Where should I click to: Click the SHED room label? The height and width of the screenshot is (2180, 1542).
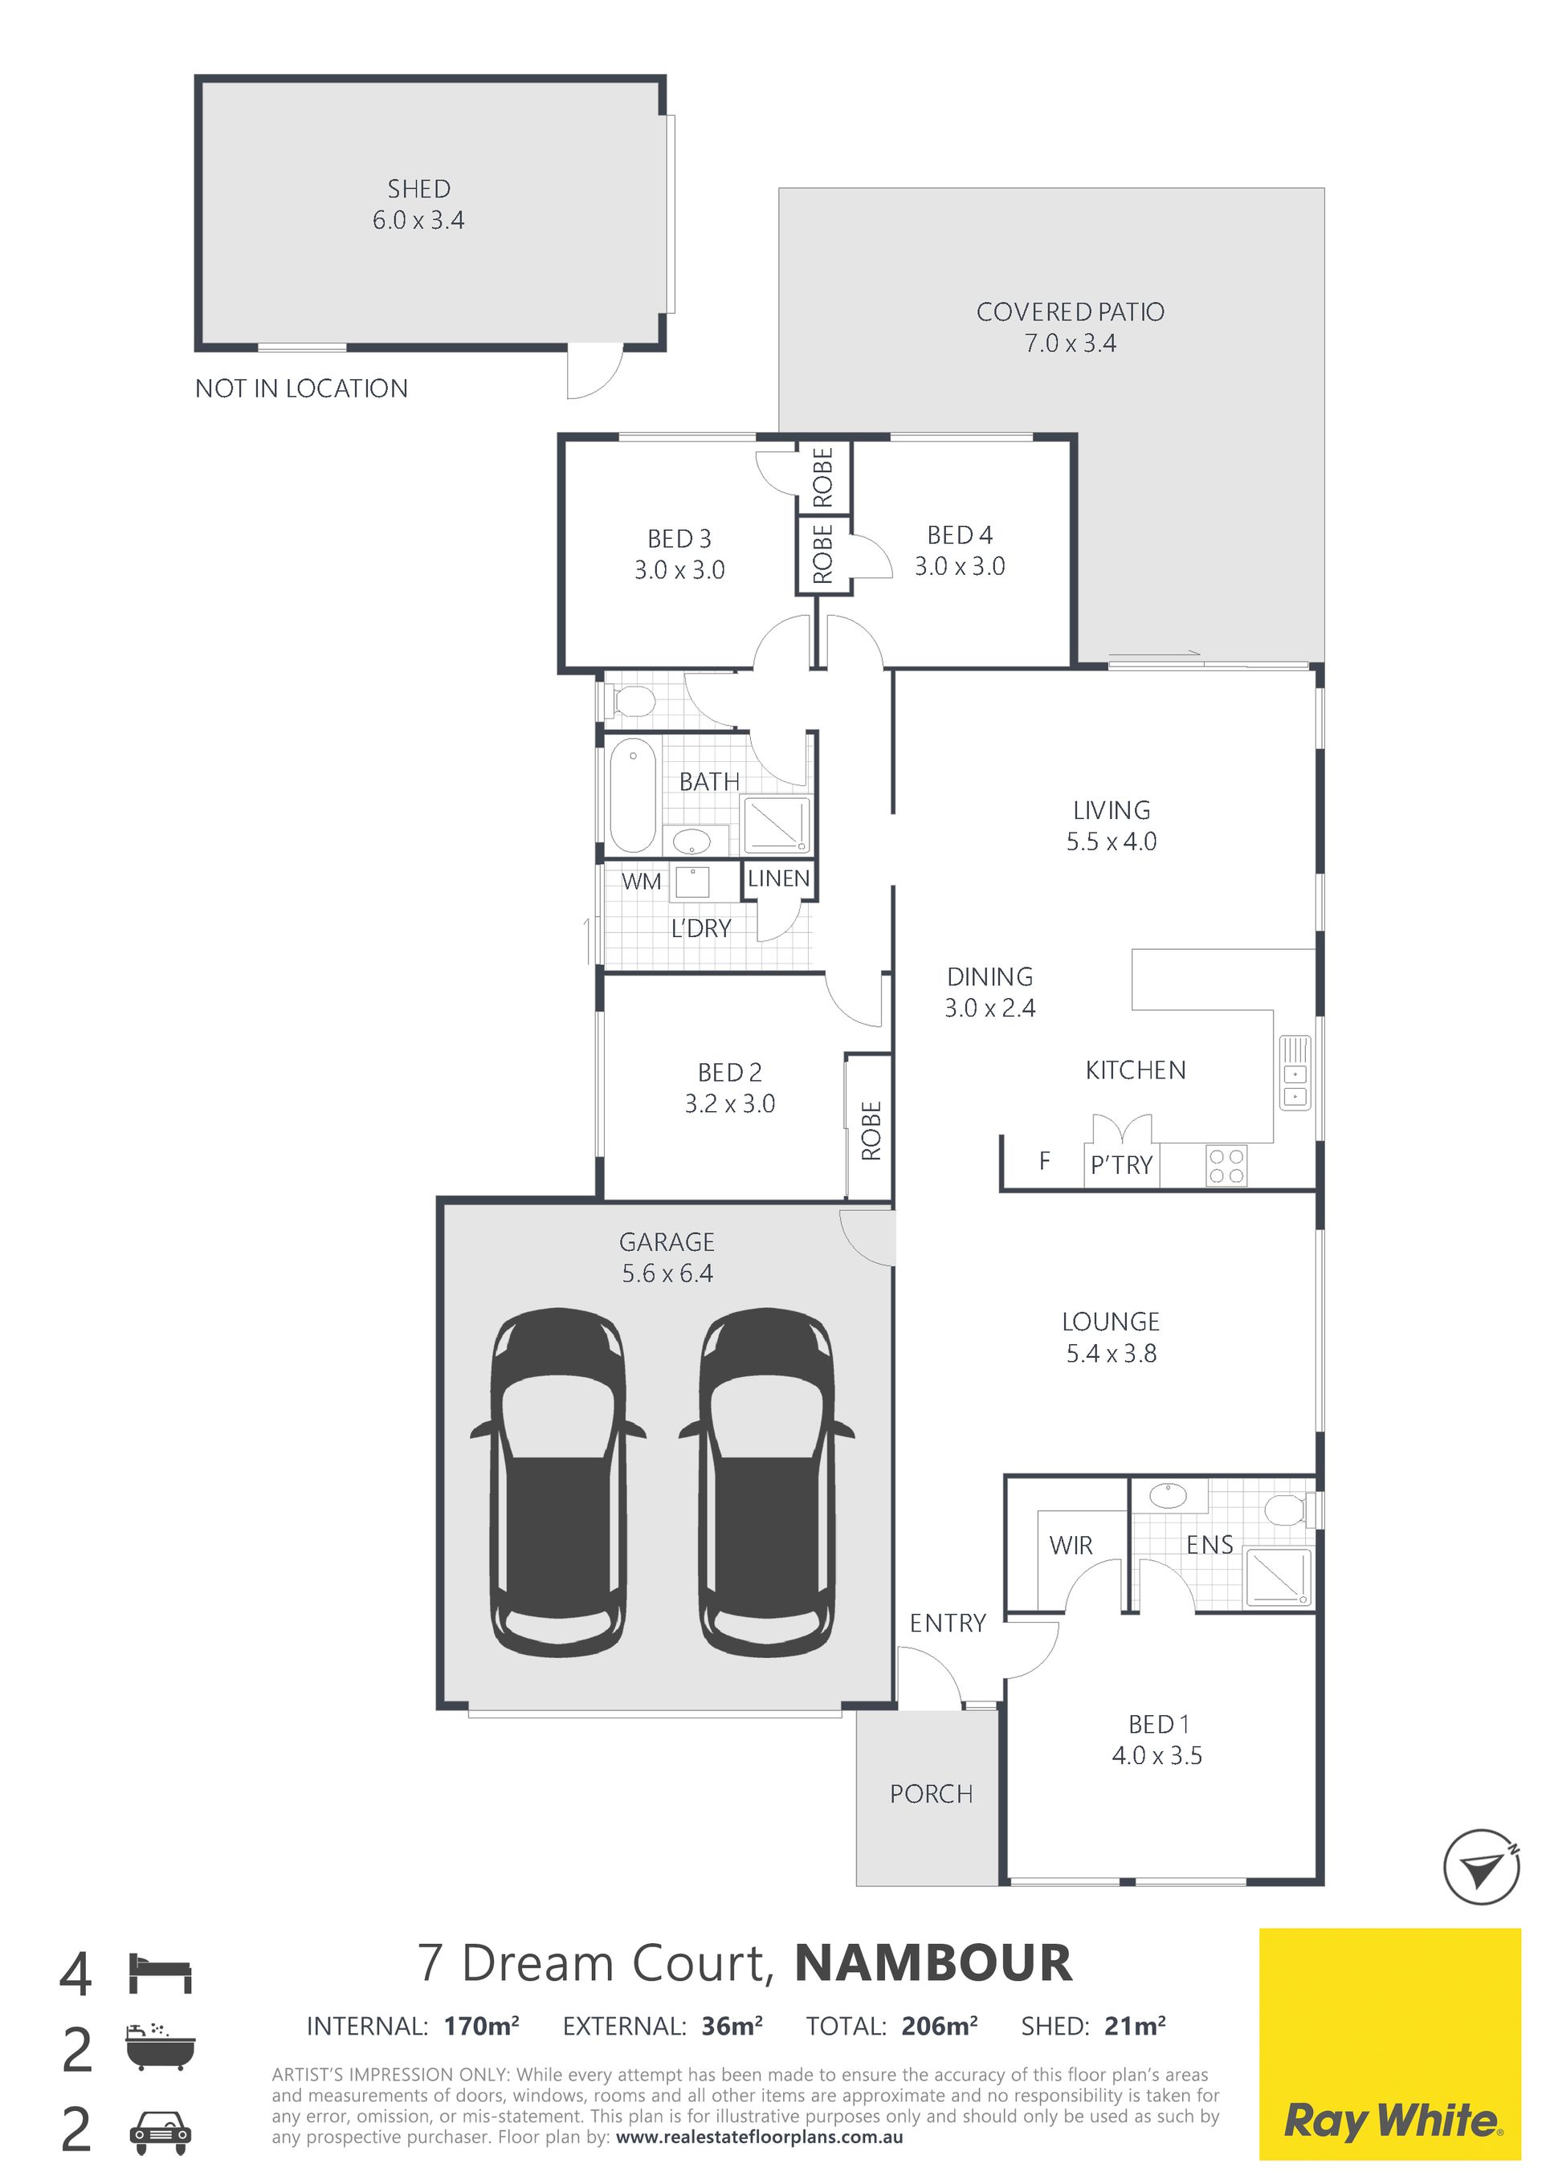coord(418,189)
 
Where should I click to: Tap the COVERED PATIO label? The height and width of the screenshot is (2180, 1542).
coord(1070,312)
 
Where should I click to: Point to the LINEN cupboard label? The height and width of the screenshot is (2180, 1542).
coord(778,878)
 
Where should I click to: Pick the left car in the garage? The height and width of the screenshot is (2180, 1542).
coord(558,1484)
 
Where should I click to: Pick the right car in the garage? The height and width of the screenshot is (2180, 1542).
coord(767,1484)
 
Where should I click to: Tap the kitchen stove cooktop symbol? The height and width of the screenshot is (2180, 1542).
coord(1226,1166)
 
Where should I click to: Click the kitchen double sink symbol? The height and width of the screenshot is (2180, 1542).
coord(1295,1074)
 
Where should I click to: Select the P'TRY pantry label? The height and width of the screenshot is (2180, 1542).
coord(1121,1165)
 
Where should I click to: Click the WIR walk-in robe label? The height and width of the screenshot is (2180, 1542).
coord(1071,1545)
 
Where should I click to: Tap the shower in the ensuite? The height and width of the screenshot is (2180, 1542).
coord(1278,1576)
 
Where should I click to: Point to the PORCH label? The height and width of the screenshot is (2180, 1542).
coord(932,1794)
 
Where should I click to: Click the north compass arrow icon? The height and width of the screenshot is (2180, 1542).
coord(1480,1867)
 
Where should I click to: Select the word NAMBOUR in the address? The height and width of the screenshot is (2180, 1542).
coord(933,1962)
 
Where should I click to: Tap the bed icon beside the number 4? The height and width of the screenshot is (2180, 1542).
coord(161,1972)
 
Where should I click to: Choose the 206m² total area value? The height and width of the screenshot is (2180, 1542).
coord(939,2026)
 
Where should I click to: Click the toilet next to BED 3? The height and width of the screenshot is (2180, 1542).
coord(630,703)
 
